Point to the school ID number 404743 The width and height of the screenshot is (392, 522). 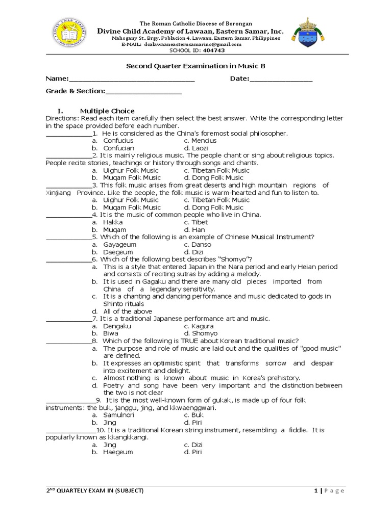pyautogui.click(x=214, y=50)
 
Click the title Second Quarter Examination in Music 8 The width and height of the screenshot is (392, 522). pyautogui.click(x=196, y=66)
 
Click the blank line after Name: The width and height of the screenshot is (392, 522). pyautogui.click(x=131, y=79)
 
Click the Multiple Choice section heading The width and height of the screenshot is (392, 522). pyautogui.click(x=107, y=111)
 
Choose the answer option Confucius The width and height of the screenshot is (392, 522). pyautogui.click(x=118, y=140)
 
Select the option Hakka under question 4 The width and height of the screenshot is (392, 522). pyautogui.click(x=113, y=222)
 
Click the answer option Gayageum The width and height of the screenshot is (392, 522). pyautogui.click(x=119, y=245)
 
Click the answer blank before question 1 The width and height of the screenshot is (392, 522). pyautogui.click(x=68, y=134)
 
